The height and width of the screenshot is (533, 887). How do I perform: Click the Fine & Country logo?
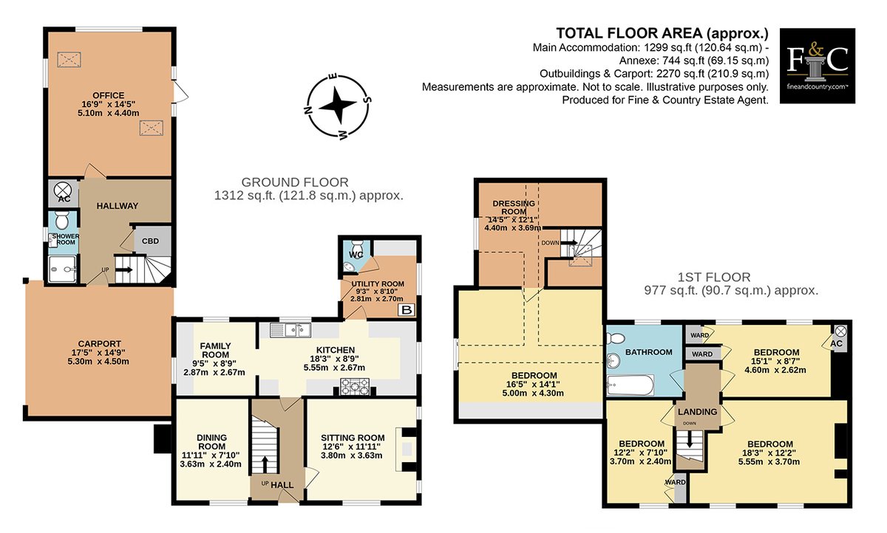coord(818,66)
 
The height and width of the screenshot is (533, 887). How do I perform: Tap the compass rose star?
coord(337,105)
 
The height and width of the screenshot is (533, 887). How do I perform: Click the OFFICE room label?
coord(109,95)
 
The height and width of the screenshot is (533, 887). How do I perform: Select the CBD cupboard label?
coord(151,241)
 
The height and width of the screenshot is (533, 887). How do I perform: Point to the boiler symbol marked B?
coord(407,310)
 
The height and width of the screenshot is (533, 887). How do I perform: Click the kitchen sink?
coord(290,330)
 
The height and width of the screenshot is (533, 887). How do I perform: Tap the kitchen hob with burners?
coord(356,386)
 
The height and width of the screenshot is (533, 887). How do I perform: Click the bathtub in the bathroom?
coord(630,385)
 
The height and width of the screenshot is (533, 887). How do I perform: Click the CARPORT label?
coord(99,344)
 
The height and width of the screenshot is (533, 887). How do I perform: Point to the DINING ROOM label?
coord(212,442)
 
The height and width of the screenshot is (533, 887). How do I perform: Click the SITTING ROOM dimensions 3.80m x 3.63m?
coord(352,455)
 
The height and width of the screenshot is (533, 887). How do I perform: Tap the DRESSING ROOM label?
coord(514,207)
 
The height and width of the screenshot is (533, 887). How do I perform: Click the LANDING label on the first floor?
coord(697,412)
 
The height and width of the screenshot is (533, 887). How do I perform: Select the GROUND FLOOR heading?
coord(295,182)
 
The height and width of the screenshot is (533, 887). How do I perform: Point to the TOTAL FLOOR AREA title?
coord(662,34)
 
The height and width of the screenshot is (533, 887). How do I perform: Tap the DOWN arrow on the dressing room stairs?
coord(568,242)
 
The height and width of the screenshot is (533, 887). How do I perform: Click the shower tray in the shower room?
coord(62,269)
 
